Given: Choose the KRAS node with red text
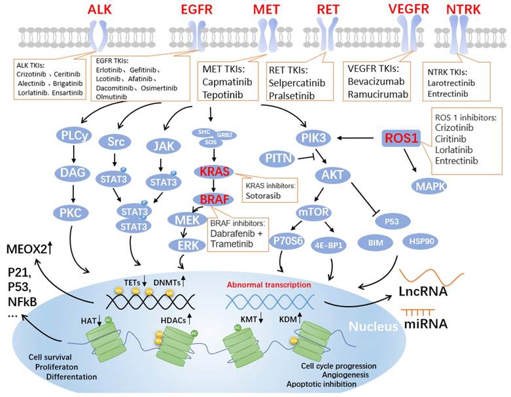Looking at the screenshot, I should coord(212,172).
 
